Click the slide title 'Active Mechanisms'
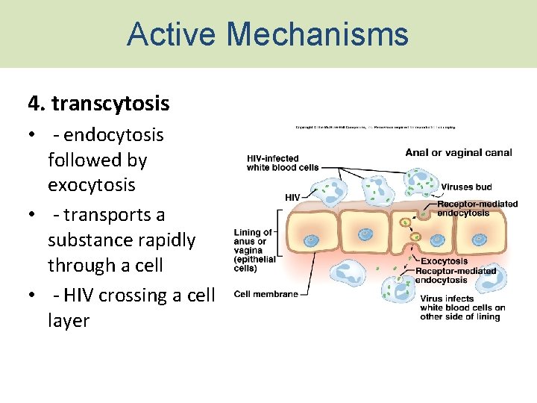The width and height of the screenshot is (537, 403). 268,34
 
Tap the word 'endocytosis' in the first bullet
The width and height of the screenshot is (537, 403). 113,135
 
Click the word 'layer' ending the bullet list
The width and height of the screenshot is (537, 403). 69,321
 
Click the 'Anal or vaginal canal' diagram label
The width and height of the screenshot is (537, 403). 458,153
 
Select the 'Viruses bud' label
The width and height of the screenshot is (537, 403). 466,187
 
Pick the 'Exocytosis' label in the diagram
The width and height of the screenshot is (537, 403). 444,261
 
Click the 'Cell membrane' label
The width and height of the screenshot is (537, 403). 266,294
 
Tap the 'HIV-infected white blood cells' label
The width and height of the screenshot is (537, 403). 272,163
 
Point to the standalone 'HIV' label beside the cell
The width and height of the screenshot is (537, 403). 293,197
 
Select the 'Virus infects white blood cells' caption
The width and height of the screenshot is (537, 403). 462,307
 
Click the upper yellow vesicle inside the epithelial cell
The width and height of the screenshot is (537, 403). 406,222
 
